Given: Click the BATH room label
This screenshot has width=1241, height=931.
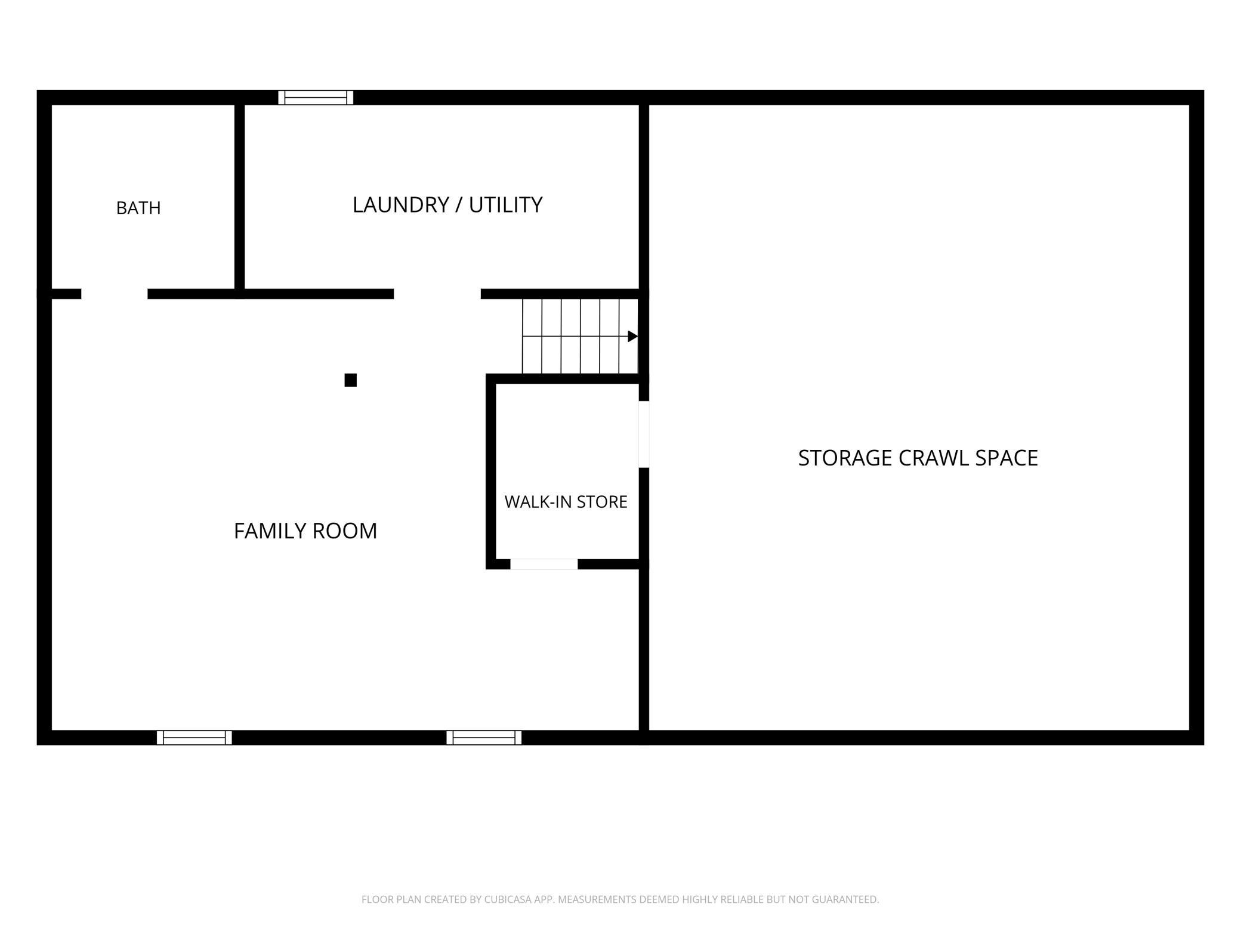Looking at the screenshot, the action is pos(138,208).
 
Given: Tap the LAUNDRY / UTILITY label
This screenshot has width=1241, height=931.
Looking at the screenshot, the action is pos(447,205).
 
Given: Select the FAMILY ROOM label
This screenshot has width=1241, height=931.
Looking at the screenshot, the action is pos(305,531).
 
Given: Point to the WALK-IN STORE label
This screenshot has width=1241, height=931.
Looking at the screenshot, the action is pos(566,502).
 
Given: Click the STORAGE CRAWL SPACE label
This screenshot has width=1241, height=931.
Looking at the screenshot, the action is pos(918,458).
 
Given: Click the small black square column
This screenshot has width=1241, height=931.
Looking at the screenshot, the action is pos(351,380).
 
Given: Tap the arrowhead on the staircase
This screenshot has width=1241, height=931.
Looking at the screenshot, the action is pos(633,337).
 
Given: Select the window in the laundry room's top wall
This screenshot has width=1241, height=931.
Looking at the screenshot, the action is pos(316,97).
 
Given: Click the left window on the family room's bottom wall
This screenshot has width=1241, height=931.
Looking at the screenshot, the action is pos(195,738).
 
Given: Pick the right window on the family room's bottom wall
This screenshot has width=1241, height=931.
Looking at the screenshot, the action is pos(484,738).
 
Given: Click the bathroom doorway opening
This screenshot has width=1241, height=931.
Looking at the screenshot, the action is pos(115,294).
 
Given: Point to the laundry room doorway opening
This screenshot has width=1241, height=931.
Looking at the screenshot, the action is pos(437,294).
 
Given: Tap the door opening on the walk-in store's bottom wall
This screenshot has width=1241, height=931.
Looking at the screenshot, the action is pos(544,564).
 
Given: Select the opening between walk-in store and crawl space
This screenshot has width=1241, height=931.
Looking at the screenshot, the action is pos(644,434).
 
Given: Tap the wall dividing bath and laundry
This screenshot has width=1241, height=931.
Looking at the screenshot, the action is pos(239,197).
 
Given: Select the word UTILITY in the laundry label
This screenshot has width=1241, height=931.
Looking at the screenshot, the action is pos(505,205).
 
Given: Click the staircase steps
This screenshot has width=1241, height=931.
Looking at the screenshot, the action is pos(581,337).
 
